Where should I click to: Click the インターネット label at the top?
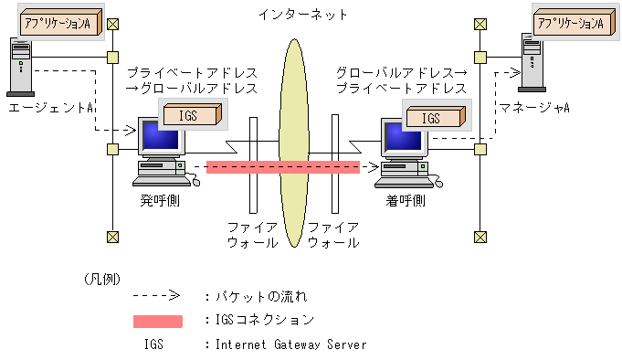[303, 15]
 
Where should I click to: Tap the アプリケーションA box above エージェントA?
[60, 22]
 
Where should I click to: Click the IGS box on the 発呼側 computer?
[193, 114]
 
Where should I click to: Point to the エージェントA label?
[50, 108]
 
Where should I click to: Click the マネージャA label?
[534, 108]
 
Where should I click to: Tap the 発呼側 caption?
[160, 200]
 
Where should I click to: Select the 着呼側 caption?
[406, 200]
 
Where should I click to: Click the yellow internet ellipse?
[294, 143]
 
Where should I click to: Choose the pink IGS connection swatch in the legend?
[158, 321]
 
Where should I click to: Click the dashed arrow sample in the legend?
[156, 295]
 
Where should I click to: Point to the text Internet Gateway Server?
[291, 344]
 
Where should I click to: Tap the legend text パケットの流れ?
[261, 296]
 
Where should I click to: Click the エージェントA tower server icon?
[21, 67]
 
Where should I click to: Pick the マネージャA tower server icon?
[532, 63]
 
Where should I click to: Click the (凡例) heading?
[102, 279]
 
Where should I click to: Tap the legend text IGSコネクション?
[265, 320]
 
